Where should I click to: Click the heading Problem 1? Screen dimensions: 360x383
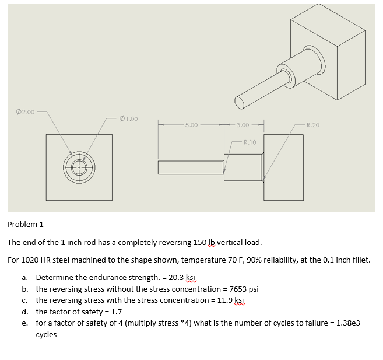point(25,224)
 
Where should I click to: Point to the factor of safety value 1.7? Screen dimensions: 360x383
point(116,311)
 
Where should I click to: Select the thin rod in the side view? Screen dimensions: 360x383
point(190,167)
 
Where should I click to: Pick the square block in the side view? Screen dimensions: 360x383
point(283,167)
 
